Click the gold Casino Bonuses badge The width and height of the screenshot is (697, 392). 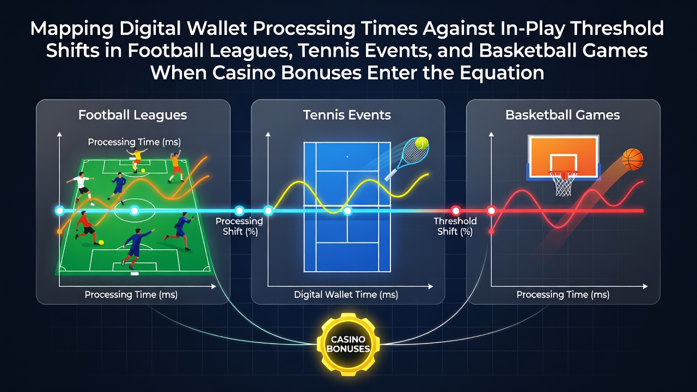(348, 344)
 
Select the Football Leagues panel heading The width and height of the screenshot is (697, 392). (132, 115)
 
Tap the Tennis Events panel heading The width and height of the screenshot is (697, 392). (347, 115)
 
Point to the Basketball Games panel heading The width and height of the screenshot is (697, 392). (563, 115)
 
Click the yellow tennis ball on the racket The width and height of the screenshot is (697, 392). (422, 143)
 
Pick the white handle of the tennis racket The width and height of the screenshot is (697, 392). (391, 175)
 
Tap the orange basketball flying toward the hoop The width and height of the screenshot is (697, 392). (633, 160)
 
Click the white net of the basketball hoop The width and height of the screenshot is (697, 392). (563, 184)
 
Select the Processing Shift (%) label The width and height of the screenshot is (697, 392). (239, 226)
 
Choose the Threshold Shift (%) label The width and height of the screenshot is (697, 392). (455, 226)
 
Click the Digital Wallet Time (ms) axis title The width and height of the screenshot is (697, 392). (346, 295)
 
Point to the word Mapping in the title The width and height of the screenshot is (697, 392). (72, 29)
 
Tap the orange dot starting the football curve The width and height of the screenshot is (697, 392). (60, 231)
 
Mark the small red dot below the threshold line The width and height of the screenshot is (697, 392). (491, 231)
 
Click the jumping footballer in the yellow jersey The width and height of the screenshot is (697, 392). (136, 160)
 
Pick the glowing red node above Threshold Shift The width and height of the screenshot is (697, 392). (456, 211)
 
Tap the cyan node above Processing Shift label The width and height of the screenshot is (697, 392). (239, 211)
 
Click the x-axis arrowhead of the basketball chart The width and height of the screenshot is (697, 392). (645, 286)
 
